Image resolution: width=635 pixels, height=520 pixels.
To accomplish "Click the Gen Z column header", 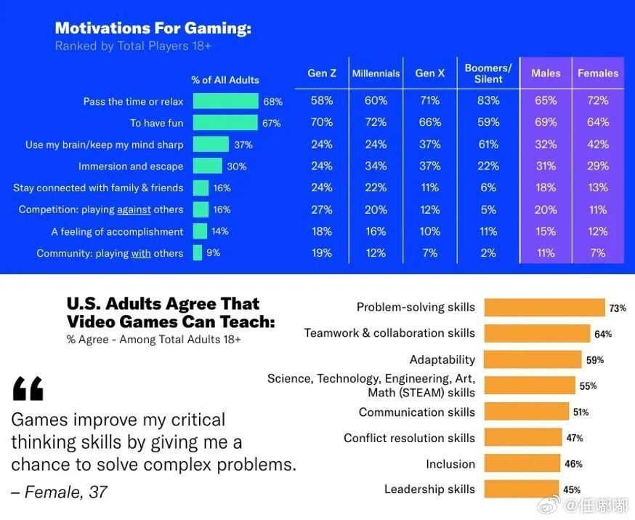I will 322,73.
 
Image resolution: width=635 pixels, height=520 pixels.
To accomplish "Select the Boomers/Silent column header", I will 488,73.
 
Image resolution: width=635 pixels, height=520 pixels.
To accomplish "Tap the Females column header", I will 598,73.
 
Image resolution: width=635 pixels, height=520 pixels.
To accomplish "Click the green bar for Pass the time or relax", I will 225,102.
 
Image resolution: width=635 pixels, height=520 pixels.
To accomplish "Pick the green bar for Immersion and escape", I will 208,167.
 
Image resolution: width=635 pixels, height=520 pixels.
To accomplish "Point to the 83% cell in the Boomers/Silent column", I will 488,101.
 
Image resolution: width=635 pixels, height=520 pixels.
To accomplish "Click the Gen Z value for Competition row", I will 322,209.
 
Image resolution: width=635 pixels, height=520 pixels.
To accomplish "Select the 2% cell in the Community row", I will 488,253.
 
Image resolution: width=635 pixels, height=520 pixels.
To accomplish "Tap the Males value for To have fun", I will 546,122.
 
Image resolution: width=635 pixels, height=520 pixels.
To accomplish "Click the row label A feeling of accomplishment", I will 117,232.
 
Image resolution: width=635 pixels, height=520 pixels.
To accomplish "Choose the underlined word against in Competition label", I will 133,210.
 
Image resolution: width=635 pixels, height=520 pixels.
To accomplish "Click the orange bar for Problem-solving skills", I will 544,308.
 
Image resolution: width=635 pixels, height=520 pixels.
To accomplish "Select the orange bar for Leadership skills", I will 521,489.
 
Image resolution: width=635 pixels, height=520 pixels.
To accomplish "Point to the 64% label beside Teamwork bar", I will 603,335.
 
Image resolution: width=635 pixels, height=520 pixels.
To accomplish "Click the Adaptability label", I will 442,359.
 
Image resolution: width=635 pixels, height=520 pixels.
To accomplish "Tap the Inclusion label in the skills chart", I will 450,464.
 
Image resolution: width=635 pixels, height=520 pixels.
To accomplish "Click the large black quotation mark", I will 28,389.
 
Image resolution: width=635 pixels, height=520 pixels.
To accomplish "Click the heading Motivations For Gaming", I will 153,28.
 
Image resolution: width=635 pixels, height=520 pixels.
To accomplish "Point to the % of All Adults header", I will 225,80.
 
